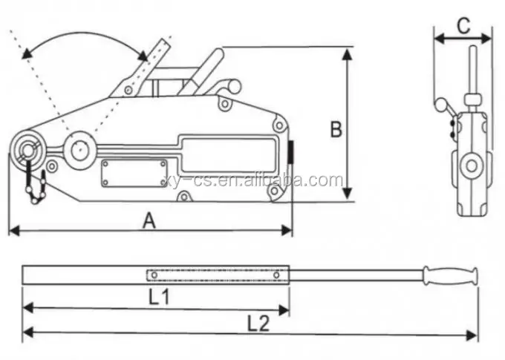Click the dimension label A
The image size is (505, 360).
(149, 220)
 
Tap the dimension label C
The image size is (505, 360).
(463, 25)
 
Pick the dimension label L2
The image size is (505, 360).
(258, 323)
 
